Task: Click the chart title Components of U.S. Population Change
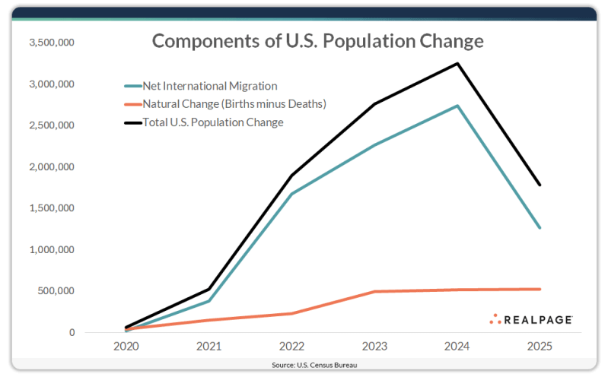(x=317, y=41)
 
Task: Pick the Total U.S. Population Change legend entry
(x=213, y=122)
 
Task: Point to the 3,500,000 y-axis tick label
(x=50, y=43)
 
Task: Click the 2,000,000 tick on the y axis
(x=50, y=166)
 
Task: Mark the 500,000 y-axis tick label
(x=55, y=291)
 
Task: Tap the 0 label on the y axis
(x=72, y=332)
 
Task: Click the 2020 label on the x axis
(x=126, y=347)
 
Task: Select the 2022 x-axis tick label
(x=291, y=347)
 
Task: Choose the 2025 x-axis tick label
(x=540, y=347)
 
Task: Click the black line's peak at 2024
(x=457, y=63)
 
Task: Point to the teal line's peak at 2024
(x=457, y=106)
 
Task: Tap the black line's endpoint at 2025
(x=540, y=185)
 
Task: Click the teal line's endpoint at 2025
(x=540, y=227)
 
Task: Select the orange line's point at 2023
(x=374, y=291)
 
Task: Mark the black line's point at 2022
(x=291, y=176)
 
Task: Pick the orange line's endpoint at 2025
(x=540, y=289)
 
